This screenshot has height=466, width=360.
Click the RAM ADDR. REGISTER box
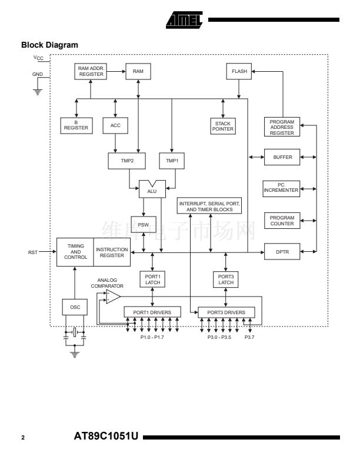91,71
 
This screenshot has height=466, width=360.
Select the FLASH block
239,71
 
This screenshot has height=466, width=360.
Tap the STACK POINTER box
223,126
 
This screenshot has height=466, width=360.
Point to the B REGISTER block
76,125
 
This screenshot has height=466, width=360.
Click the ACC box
115,125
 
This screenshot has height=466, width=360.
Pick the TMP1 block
172,161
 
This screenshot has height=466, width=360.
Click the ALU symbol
152,189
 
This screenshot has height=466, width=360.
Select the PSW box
143,225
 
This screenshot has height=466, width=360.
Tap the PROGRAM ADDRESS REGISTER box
282,127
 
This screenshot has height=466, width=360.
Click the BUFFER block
282,157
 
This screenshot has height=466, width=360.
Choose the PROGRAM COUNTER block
282,221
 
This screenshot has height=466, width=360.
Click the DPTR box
282,252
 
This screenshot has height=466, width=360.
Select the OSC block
75,307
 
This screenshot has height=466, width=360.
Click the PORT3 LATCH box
226,279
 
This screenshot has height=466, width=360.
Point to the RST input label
33,252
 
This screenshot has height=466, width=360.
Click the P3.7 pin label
250,337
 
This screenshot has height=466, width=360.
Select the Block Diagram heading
49,45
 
